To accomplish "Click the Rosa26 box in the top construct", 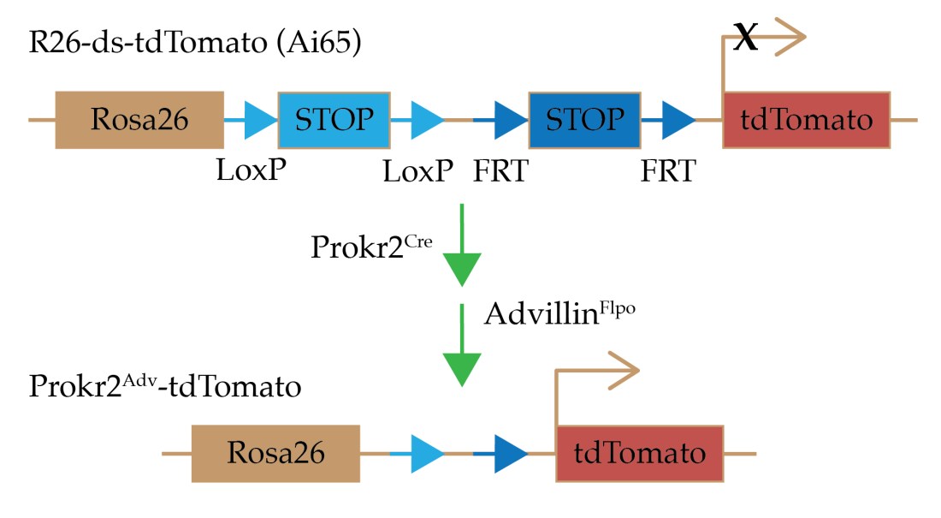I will pyautogui.click(x=139, y=120).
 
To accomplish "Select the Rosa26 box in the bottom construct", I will pyautogui.click(x=275, y=453).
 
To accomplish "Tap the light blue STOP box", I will pyautogui.click(x=334, y=120).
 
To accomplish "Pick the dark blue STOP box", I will pyautogui.click(x=585, y=120).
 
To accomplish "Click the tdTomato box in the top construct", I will pyautogui.click(x=807, y=120).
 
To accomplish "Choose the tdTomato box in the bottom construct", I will pyautogui.click(x=640, y=453).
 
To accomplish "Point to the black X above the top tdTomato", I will pyautogui.click(x=746, y=39).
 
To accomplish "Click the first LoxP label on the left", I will pyautogui.click(x=251, y=171).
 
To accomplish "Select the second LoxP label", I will pyautogui.click(x=418, y=171).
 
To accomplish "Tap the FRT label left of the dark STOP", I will pyautogui.click(x=501, y=171).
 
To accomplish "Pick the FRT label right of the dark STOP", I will pyautogui.click(x=668, y=171).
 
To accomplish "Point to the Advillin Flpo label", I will pyautogui.click(x=561, y=313).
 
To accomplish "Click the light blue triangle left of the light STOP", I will pyautogui.click(x=257, y=120).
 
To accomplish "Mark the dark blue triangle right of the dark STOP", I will pyautogui.click(x=678, y=120).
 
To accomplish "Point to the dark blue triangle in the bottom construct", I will pyautogui.click(x=511, y=453).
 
